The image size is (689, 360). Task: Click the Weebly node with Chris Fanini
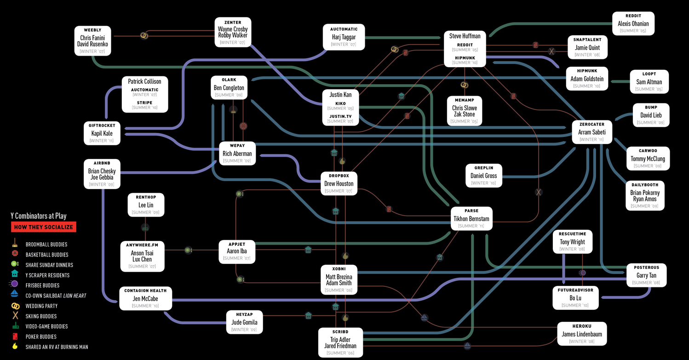92,41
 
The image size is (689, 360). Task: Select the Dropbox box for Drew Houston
339,183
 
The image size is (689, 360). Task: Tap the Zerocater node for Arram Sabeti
591,132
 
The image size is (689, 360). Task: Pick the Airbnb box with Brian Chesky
102,174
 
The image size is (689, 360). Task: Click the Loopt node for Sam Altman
649,82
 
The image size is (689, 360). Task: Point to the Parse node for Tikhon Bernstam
471,218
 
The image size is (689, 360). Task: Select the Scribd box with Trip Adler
340,343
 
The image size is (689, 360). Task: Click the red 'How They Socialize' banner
44,227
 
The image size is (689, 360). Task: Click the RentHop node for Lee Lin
145,205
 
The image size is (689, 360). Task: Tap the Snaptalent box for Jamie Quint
587,47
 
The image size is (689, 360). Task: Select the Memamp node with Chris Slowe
464,111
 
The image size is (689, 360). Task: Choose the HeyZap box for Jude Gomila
244,322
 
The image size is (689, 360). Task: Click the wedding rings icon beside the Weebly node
144,35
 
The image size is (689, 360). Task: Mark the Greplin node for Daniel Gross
483,176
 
